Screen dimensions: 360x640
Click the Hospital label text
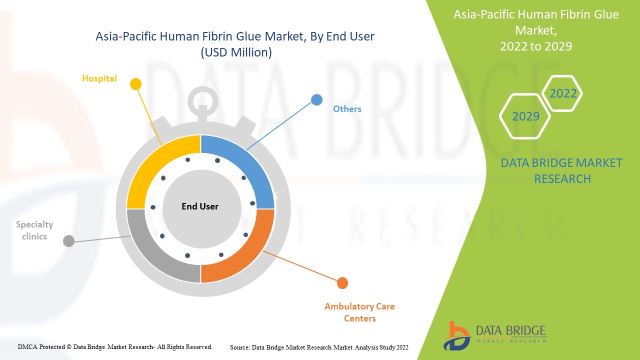point(99,78)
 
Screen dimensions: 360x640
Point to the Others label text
point(347,109)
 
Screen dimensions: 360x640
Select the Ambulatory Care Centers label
point(359,312)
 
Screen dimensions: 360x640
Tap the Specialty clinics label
point(34,230)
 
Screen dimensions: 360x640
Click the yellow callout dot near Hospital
point(135,84)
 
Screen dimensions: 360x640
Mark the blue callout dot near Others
point(316,99)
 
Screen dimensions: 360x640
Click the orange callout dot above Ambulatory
point(342,283)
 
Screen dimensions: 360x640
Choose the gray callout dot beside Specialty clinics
point(69,241)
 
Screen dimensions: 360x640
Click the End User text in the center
point(200,206)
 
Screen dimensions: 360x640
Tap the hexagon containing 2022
point(563,93)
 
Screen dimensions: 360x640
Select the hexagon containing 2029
point(525,116)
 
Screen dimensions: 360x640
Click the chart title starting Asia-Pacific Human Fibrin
point(234,36)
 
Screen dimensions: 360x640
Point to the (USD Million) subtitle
point(236,52)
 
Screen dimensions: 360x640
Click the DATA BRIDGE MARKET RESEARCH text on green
point(561,170)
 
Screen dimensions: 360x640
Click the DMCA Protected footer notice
point(115,346)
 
